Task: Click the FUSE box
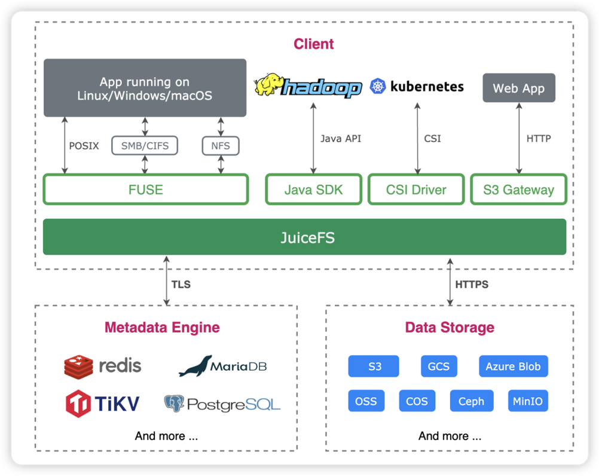(x=145, y=190)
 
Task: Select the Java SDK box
(x=313, y=190)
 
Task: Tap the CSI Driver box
(x=416, y=190)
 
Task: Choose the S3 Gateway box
(x=518, y=190)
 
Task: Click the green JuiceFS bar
(x=304, y=237)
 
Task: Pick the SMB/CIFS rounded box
(x=145, y=145)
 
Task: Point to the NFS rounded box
(x=220, y=145)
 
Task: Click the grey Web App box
(x=518, y=88)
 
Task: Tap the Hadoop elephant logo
(x=269, y=86)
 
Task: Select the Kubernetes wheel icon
(x=378, y=86)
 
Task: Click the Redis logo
(x=78, y=366)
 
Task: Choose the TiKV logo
(x=78, y=403)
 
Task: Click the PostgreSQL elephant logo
(x=174, y=404)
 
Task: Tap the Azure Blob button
(x=513, y=366)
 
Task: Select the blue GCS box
(x=438, y=366)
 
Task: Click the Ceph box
(x=471, y=401)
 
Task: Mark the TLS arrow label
(x=181, y=285)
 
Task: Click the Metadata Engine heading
(x=162, y=327)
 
